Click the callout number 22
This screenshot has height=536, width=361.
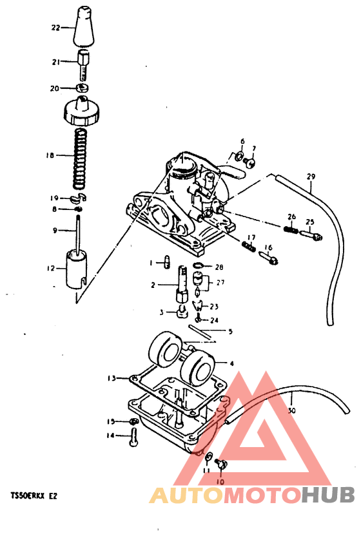[55, 28]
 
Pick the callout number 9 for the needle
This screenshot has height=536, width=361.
[55, 230]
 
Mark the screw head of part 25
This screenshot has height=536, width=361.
[317, 236]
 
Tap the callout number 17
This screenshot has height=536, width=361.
[252, 237]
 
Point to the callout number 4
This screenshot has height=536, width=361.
[231, 363]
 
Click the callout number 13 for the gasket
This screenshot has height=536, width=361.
[111, 378]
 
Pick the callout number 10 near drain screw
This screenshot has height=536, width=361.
[219, 481]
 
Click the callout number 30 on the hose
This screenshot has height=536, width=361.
[291, 410]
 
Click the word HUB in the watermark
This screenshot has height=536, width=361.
[328, 495]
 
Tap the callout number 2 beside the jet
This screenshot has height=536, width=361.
[153, 285]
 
